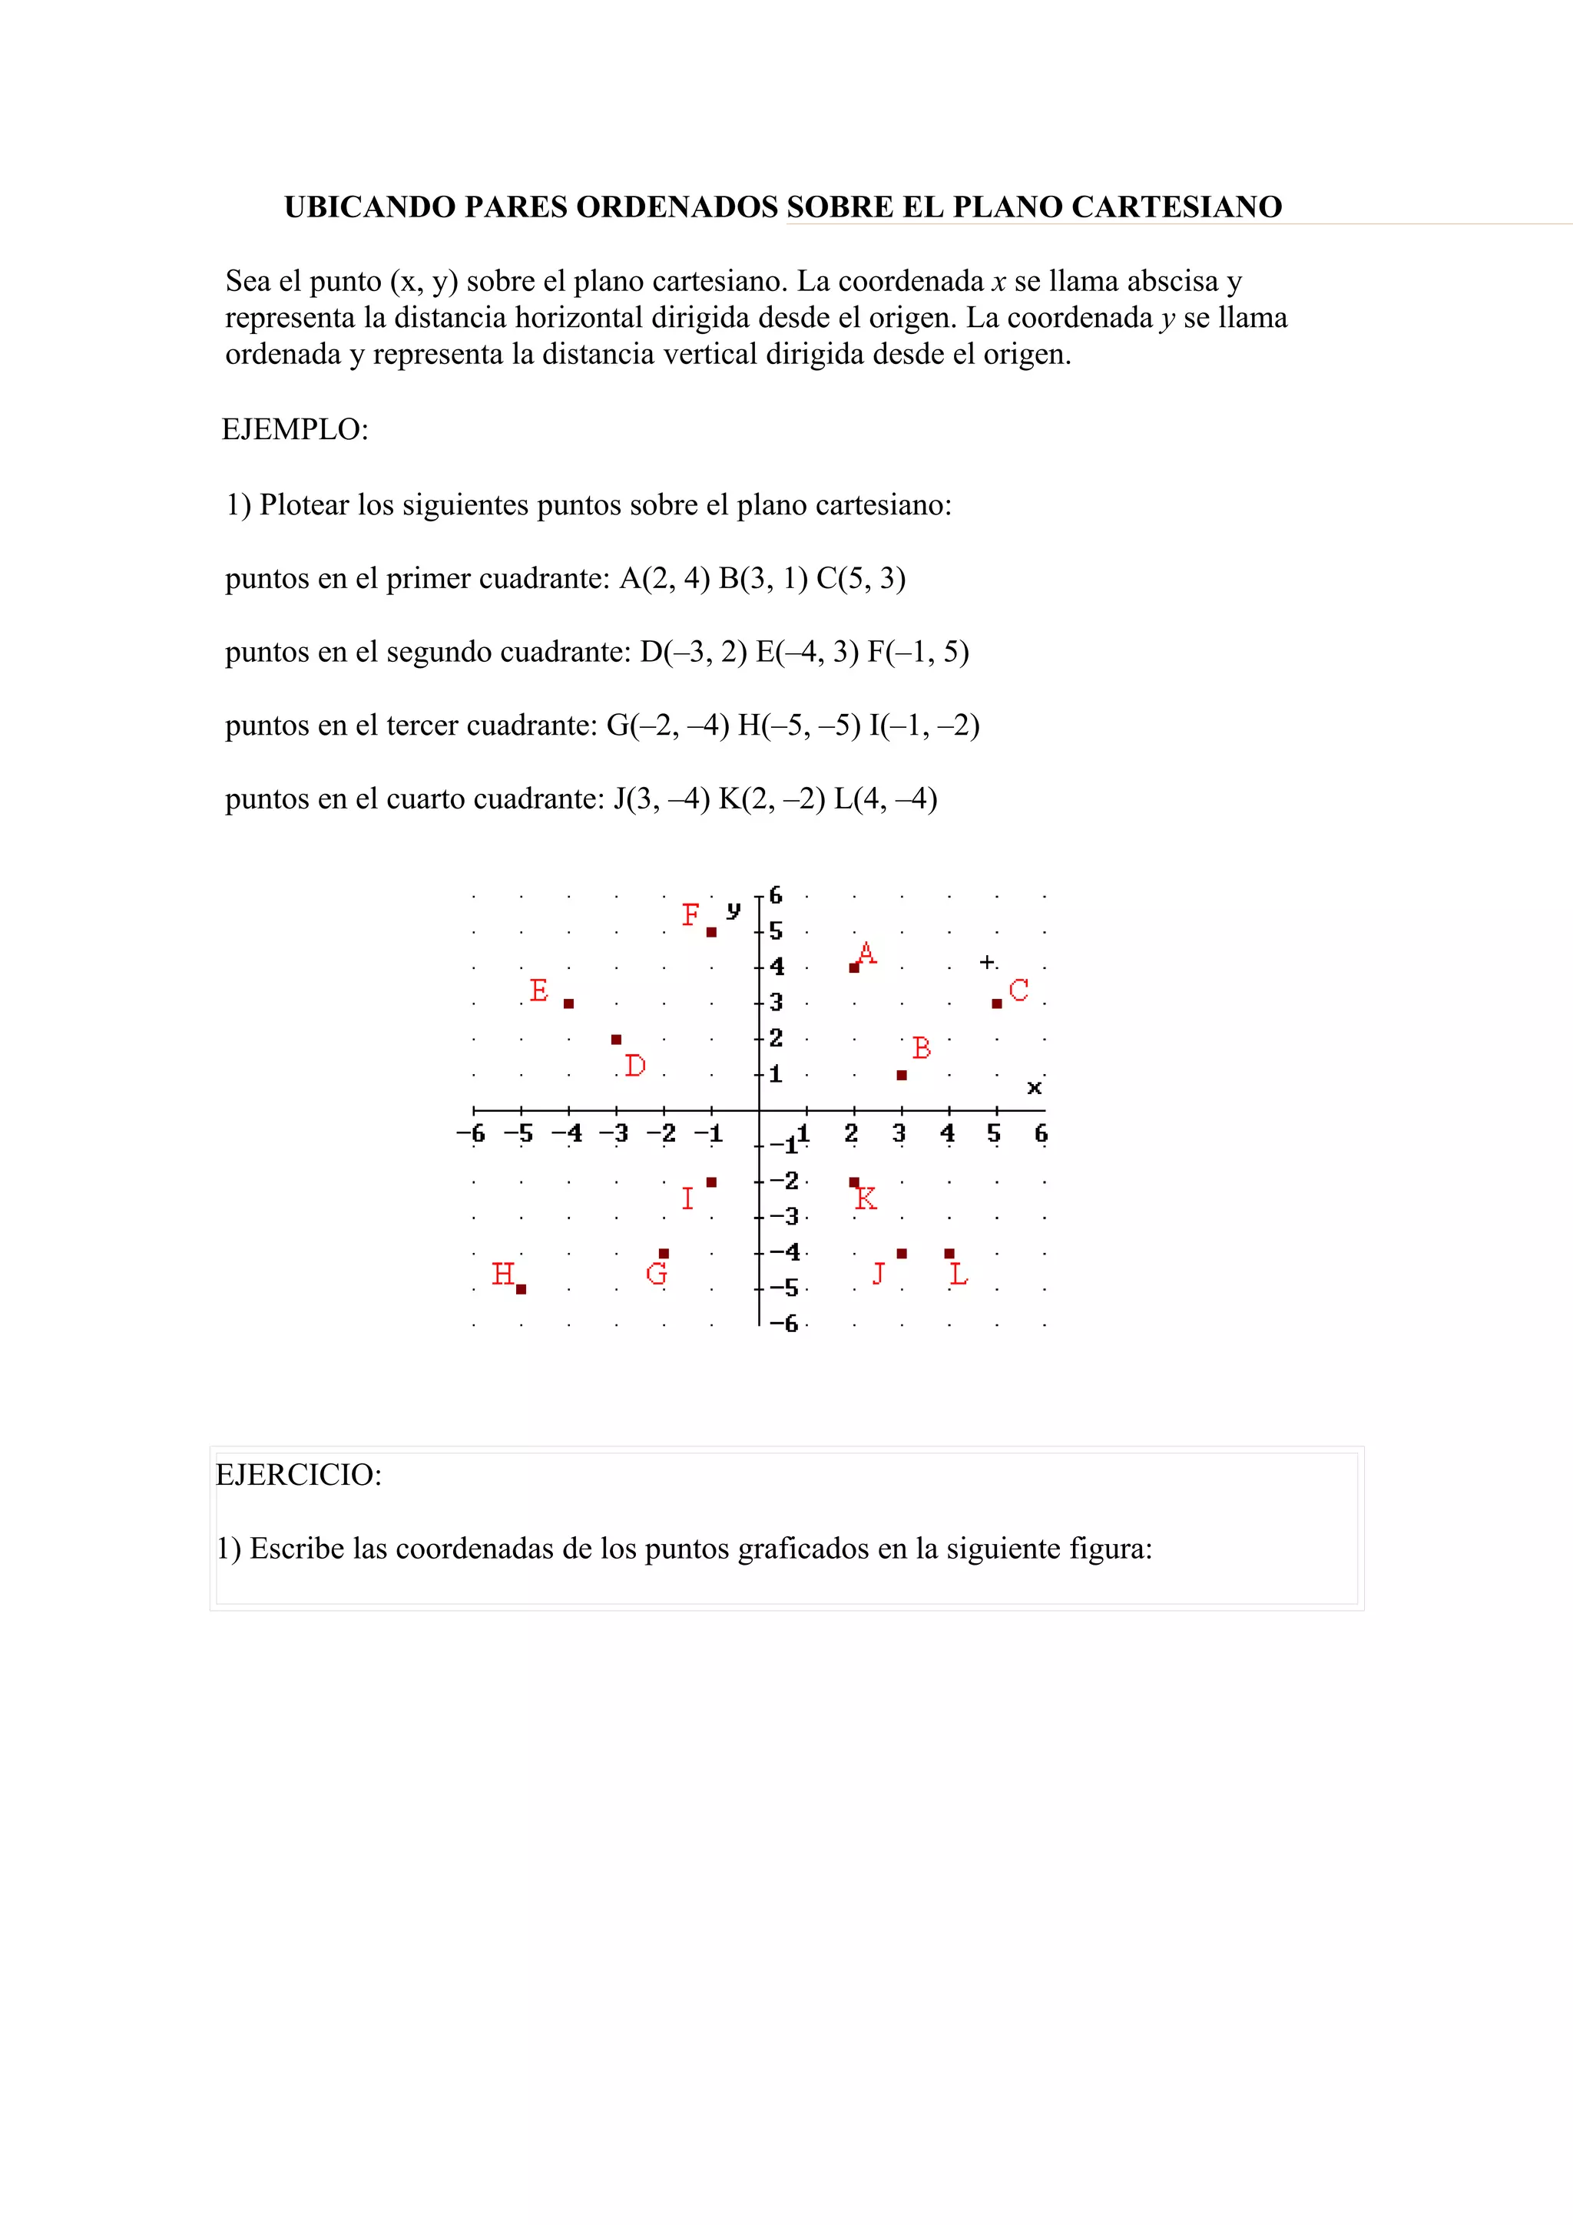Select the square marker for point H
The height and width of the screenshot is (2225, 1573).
tap(522, 1289)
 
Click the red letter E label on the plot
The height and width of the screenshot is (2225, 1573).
tap(539, 990)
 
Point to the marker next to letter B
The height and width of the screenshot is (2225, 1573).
tap(902, 1075)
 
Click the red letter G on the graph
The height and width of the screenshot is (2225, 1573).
tap(656, 1274)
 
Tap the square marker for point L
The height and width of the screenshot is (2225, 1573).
tap(949, 1254)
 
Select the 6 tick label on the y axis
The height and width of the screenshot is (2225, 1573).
tap(775, 895)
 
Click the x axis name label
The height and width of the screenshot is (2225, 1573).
tap(1034, 1088)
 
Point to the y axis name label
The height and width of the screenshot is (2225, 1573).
tap(734, 909)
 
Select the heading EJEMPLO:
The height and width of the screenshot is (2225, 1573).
tap(295, 429)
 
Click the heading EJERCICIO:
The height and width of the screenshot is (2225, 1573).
tap(299, 1475)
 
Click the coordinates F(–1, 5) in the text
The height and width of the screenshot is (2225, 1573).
tap(918, 652)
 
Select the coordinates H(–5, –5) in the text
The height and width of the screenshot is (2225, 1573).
tap(799, 726)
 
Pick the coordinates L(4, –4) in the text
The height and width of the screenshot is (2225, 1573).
tap(885, 799)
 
